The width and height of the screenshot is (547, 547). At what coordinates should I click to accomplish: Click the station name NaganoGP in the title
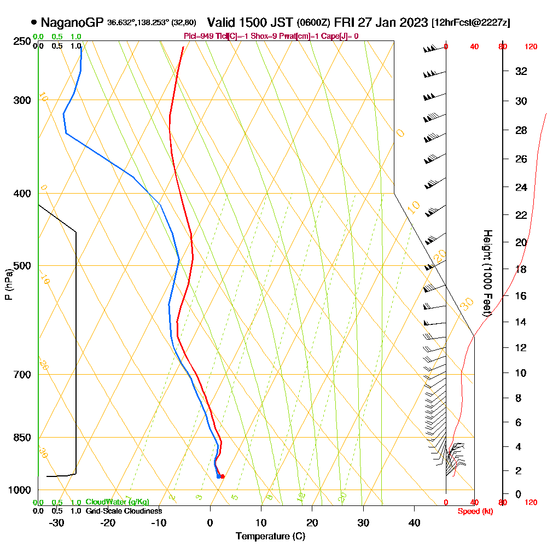(x=72, y=22)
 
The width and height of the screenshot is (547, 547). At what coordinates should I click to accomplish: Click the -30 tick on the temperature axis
(x=57, y=523)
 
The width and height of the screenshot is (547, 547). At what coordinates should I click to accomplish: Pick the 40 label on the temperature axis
(x=414, y=523)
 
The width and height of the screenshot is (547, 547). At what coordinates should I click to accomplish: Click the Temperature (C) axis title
(x=270, y=537)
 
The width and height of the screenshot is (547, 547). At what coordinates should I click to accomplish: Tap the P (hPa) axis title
(x=8, y=284)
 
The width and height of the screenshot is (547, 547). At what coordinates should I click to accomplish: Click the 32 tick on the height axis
(x=521, y=71)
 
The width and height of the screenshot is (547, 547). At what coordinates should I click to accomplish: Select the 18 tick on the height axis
(x=521, y=269)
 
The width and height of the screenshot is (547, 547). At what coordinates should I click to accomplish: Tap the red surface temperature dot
(x=222, y=476)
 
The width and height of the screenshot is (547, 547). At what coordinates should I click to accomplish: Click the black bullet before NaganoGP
(x=34, y=22)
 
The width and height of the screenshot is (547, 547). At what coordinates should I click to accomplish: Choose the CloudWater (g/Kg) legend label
(x=117, y=502)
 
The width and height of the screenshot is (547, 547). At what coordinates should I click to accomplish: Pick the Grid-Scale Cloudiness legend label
(x=124, y=511)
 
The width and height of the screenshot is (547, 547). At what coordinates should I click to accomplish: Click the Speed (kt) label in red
(x=475, y=511)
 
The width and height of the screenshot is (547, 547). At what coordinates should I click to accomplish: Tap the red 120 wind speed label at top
(x=530, y=47)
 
